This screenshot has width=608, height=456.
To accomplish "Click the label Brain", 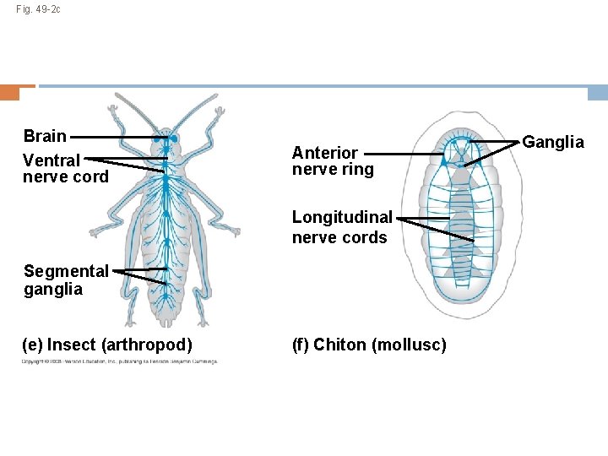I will point(45,136).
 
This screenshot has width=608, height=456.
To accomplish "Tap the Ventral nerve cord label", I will point(65,168).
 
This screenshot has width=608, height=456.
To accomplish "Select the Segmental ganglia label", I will point(66,280).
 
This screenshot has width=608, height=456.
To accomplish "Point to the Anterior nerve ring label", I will point(332,160).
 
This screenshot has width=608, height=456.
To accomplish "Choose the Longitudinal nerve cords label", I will point(342,227).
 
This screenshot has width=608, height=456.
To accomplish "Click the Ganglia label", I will point(553,142).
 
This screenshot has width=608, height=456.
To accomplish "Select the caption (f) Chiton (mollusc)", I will point(369,345).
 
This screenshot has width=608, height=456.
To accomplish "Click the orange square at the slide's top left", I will point(10,92).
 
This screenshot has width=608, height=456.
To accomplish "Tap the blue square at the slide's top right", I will point(598,92).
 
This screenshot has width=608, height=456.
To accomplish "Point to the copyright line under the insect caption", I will point(120,361).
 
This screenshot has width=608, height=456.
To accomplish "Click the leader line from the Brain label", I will point(114,136).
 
